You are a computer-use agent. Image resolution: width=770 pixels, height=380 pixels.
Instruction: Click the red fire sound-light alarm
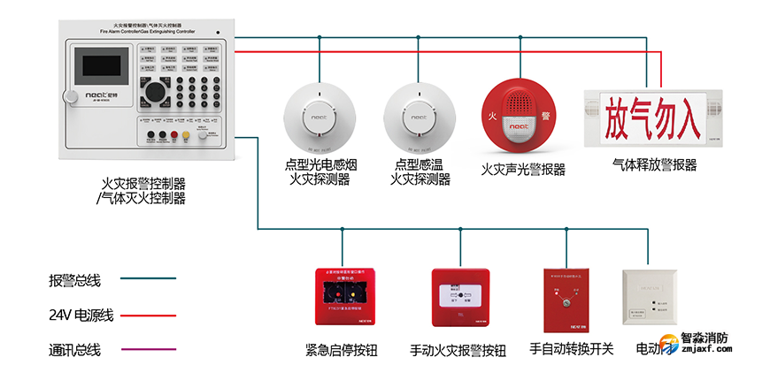tap(520, 116)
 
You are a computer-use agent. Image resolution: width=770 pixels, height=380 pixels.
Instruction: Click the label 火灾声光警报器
tap(523, 169)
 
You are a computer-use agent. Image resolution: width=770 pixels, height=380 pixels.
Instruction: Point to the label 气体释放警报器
tap(654, 165)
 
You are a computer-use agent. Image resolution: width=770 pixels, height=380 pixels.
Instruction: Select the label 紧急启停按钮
tap(341, 350)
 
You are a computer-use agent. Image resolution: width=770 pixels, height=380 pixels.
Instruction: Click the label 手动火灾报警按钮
tap(458, 350)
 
